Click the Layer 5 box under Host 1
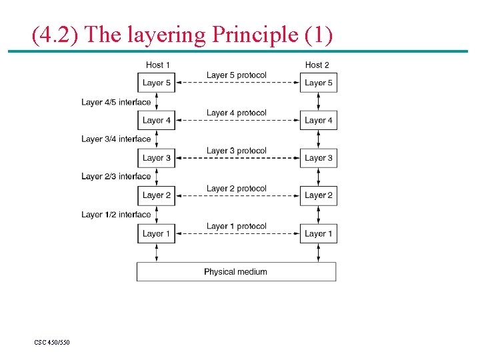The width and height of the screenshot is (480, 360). (x=157, y=83)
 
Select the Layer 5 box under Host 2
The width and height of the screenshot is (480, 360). (x=318, y=83)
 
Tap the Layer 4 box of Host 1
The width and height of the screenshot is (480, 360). (x=157, y=121)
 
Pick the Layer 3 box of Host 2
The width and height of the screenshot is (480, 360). (x=318, y=158)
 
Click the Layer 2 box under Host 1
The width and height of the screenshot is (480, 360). (x=157, y=195)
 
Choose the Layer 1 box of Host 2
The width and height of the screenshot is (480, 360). (x=318, y=233)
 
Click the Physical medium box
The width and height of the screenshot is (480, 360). (x=236, y=272)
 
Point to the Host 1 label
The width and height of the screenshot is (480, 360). (x=158, y=65)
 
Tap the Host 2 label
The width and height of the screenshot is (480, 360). (x=317, y=65)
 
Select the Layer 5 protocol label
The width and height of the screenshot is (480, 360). (x=236, y=75)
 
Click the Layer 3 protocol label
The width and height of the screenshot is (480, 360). (x=236, y=151)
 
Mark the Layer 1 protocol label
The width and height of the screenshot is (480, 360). (x=236, y=226)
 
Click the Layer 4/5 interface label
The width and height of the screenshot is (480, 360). (x=116, y=102)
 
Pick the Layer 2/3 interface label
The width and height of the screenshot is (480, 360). (x=116, y=177)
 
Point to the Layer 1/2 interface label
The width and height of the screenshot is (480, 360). (x=116, y=215)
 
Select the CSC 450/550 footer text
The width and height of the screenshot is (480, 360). (x=52, y=343)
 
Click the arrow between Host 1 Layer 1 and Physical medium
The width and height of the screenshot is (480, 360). (x=157, y=253)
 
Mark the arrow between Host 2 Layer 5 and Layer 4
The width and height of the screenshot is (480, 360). (x=318, y=101)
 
